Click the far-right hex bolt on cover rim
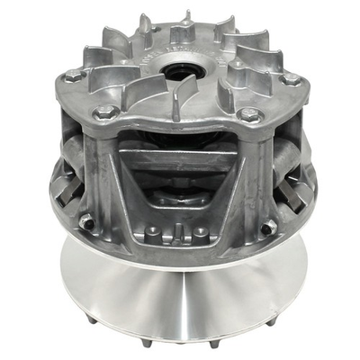pos(290,79)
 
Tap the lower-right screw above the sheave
pos(267,226)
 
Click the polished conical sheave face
pos(180,288)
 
